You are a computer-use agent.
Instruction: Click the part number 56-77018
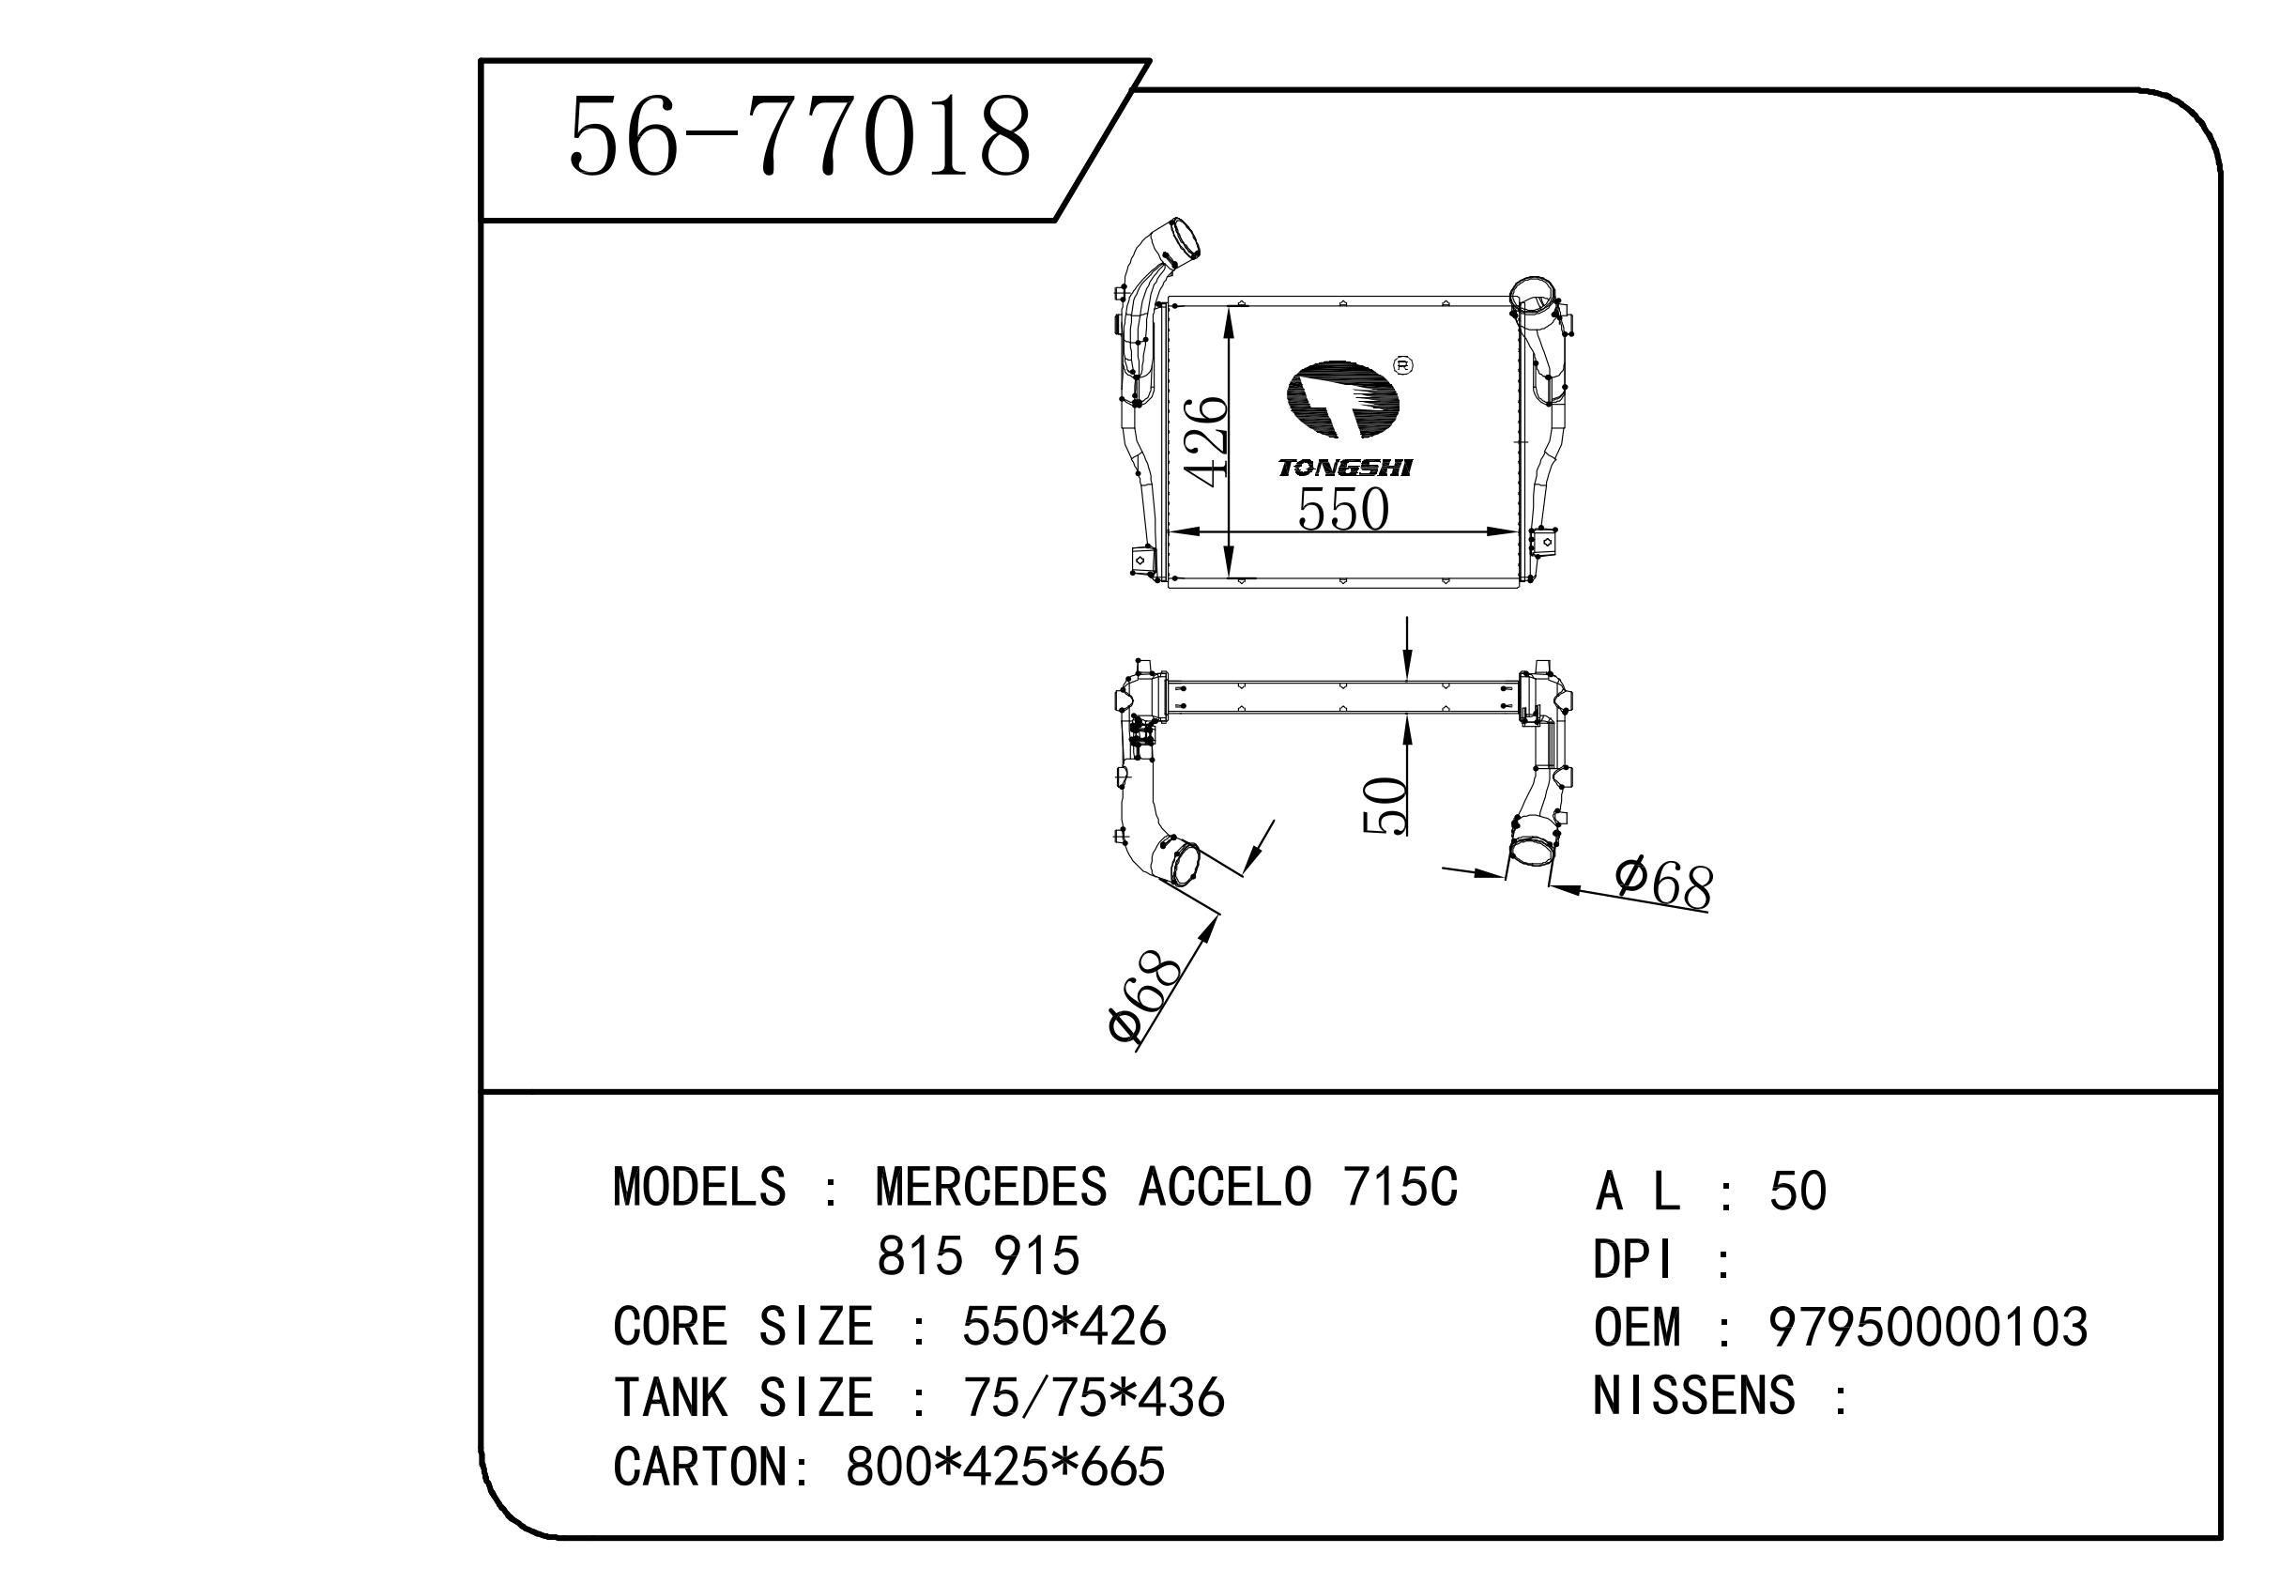[800, 137]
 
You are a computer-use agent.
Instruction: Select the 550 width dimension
[1342, 510]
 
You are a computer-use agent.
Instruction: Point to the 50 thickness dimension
[1385, 805]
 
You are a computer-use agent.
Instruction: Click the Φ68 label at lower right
[1663, 883]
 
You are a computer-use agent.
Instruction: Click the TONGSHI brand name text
[1344, 468]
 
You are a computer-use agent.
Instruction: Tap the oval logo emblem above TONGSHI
[1342, 399]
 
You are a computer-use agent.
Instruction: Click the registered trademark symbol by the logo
[1404, 365]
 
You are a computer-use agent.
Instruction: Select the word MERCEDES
[990, 1187]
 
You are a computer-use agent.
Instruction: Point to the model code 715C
[1400, 1187]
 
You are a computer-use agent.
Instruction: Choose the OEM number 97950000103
[1928, 1327]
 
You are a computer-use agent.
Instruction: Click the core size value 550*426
[1063, 1327]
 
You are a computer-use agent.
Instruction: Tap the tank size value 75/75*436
[1094, 1397]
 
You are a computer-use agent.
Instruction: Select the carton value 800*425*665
[1005, 1467]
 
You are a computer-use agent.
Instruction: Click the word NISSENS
[1693, 1395]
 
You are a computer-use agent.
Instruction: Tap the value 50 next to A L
[1798, 1191]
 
